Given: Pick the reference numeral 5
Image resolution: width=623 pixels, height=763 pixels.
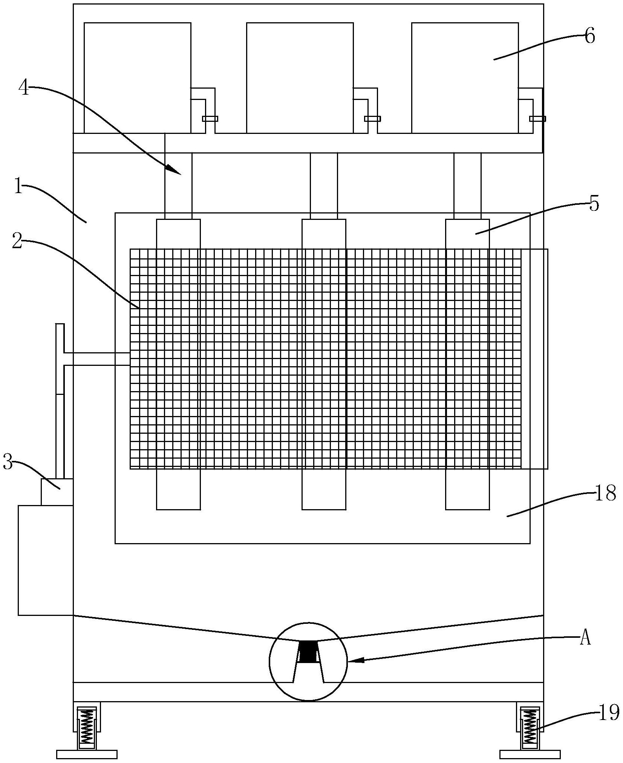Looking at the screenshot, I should (x=594, y=204).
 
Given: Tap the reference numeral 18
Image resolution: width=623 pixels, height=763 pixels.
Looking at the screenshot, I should (x=605, y=493).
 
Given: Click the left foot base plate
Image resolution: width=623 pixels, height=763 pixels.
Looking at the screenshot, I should (x=87, y=754).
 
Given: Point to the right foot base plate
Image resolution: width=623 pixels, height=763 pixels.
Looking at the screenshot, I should (x=530, y=754).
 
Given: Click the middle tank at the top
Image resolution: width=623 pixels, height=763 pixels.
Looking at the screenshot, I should (x=300, y=77).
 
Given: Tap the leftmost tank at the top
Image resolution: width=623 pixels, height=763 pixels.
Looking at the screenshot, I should (x=137, y=77).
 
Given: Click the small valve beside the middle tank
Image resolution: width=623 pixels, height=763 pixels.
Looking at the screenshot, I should (x=372, y=119).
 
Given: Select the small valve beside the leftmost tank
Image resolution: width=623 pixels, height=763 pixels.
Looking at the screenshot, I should (x=210, y=119).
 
